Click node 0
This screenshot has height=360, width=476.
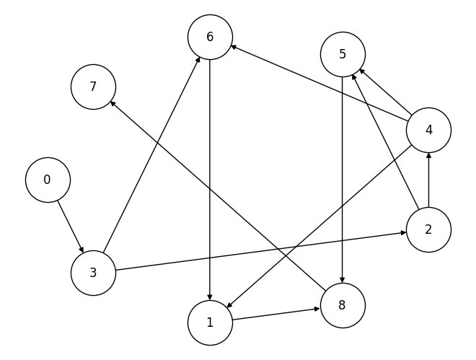coord(48,180)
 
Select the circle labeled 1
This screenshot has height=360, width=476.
coord(210,322)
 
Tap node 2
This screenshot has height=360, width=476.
coord(428,229)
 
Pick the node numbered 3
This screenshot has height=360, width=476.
coord(93,273)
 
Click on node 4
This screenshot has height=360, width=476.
coord(428,130)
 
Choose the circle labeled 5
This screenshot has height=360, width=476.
coord(343,54)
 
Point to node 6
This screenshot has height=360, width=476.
coord(210,37)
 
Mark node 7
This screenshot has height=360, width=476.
coord(93,87)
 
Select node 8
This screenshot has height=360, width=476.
coord(342,305)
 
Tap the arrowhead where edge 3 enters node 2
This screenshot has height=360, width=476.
coord(405,233)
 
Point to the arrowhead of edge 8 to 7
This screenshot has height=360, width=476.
coord(112,102)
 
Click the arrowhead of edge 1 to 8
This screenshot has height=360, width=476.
coord(318,309)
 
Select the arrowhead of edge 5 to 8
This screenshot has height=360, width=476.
coord(343,281)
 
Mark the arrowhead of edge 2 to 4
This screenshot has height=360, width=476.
coord(428,154)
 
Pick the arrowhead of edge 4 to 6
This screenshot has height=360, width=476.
coord(232,47)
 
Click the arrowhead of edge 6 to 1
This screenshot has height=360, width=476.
coord(210,298)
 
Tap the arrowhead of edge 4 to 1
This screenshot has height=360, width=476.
coord(228,307)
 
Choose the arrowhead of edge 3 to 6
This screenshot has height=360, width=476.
coord(199,58)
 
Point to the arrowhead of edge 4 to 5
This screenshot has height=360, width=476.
coord(361,70)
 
